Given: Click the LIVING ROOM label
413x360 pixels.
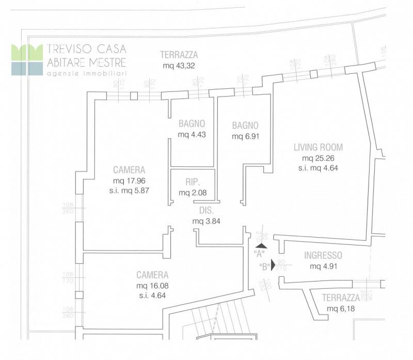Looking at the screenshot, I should tap(318, 147).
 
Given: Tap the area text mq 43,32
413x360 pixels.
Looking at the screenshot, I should tap(179, 66).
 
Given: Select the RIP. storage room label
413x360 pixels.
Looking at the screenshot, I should tap(192, 182).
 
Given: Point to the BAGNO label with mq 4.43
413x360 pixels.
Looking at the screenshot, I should tap(192, 123).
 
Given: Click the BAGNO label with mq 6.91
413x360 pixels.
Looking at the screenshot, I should tap(245, 125).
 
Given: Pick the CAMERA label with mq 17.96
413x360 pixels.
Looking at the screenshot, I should tap(129, 169).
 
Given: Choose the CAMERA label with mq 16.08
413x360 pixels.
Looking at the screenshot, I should tap(152, 275).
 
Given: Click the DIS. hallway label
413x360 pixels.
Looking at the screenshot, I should tap(206, 210).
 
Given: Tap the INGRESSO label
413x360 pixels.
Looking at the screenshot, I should tap(323, 255).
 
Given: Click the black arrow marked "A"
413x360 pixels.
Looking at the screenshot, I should tap(262, 246).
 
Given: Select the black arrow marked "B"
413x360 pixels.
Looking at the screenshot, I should tap(274, 266).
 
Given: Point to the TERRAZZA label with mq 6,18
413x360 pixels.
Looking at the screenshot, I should tap(340, 298).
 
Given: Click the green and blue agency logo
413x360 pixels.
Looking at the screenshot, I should tap(27, 59).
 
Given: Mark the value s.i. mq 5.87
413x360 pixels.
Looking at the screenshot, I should tap(129, 190).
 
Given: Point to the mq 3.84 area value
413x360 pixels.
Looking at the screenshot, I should tap(206, 221).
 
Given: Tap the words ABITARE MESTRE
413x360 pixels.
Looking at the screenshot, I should tap(86, 62).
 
